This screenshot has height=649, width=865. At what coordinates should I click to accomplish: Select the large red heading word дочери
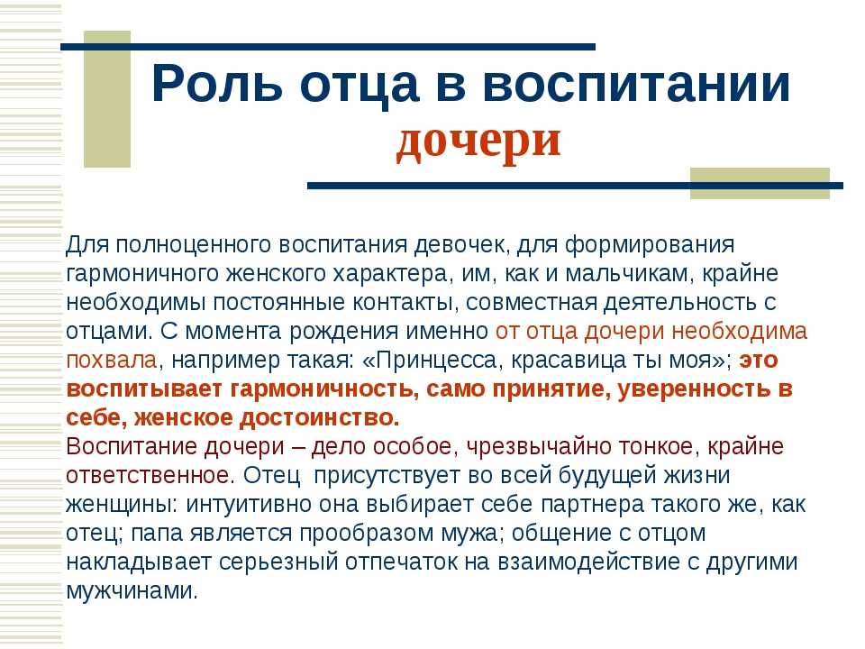(x=478, y=141)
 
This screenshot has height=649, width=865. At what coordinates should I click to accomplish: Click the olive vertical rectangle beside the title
(x=107, y=99)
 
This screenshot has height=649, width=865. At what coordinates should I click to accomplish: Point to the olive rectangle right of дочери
(x=760, y=183)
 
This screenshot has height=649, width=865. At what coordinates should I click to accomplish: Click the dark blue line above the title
(x=328, y=47)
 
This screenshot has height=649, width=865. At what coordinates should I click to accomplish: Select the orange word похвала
(x=112, y=361)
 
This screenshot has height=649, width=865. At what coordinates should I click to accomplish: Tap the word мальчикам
(x=630, y=274)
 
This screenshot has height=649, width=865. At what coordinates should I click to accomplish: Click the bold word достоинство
(x=318, y=417)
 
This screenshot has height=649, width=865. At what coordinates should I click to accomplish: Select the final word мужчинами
(x=132, y=590)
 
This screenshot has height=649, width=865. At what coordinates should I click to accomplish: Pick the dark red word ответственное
(x=148, y=475)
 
